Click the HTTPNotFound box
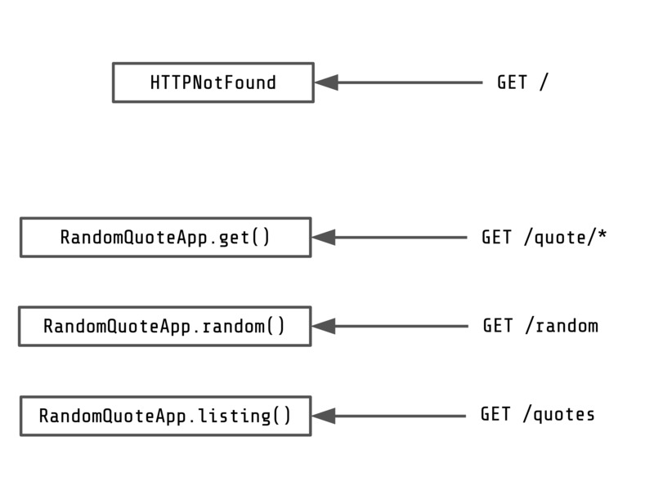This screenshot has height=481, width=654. pos(213,82)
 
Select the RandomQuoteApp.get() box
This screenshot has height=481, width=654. pos(165,238)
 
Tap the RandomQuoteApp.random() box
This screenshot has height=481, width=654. pos(164,327)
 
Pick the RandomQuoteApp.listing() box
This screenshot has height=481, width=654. pos(165,416)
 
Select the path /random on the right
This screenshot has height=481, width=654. pos(561,326)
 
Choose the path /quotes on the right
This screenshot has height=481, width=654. pos(559,415)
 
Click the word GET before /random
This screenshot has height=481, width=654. pos(498,326)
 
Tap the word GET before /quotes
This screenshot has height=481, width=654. pos(495,415)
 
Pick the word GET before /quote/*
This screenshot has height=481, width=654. pos(496,238)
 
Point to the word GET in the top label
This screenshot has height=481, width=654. pos(512,82)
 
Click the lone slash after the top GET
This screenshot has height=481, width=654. pos(544,82)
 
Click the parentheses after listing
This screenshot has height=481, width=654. pos(281,416)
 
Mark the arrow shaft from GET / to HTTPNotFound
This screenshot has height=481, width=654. pos(409,82)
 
